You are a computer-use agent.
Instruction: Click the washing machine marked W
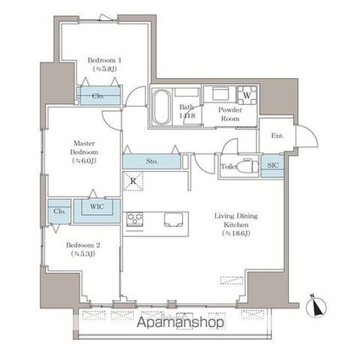(246, 95)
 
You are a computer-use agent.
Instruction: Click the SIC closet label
(274, 166)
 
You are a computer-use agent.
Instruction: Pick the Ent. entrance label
(277, 136)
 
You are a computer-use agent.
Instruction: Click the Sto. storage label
(152, 159)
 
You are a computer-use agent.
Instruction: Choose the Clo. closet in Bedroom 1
(98, 97)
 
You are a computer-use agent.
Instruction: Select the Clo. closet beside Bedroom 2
(59, 211)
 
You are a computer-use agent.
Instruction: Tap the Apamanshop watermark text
(179, 322)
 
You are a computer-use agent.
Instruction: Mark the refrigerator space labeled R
(134, 180)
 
